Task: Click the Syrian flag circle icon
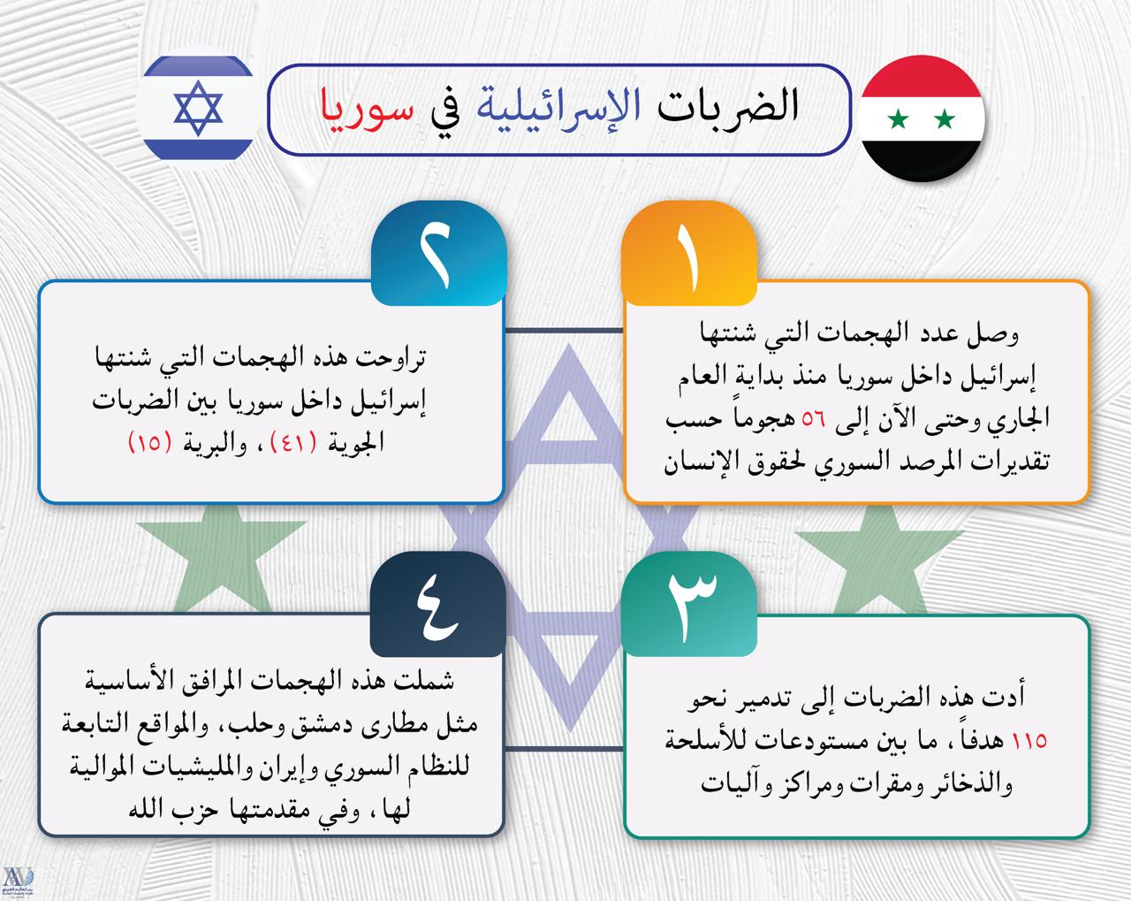point(922,118)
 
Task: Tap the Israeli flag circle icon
point(198,108)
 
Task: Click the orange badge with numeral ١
point(688,253)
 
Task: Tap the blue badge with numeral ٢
point(438,253)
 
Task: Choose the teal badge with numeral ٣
point(688,604)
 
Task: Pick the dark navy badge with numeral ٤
point(438,604)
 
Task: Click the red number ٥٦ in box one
point(813,419)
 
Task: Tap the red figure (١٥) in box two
point(150,443)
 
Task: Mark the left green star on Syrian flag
point(899,118)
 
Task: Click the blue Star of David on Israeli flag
point(198,108)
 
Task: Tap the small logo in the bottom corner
point(18,882)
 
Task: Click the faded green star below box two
point(221,558)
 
